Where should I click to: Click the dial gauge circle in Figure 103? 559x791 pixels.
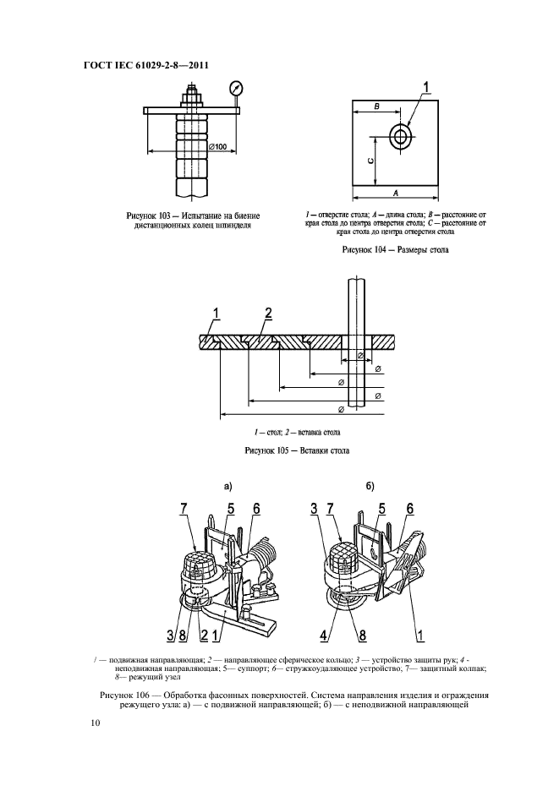pyautogui.click(x=234, y=87)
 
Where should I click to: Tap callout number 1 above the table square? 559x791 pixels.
pyautogui.click(x=426, y=85)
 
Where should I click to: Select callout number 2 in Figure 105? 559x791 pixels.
pyautogui.click(x=268, y=314)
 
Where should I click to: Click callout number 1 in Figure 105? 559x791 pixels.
pyautogui.click(x=216, y=314)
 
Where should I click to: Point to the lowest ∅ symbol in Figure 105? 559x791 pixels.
pyautogui.click(x=341, y=410)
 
